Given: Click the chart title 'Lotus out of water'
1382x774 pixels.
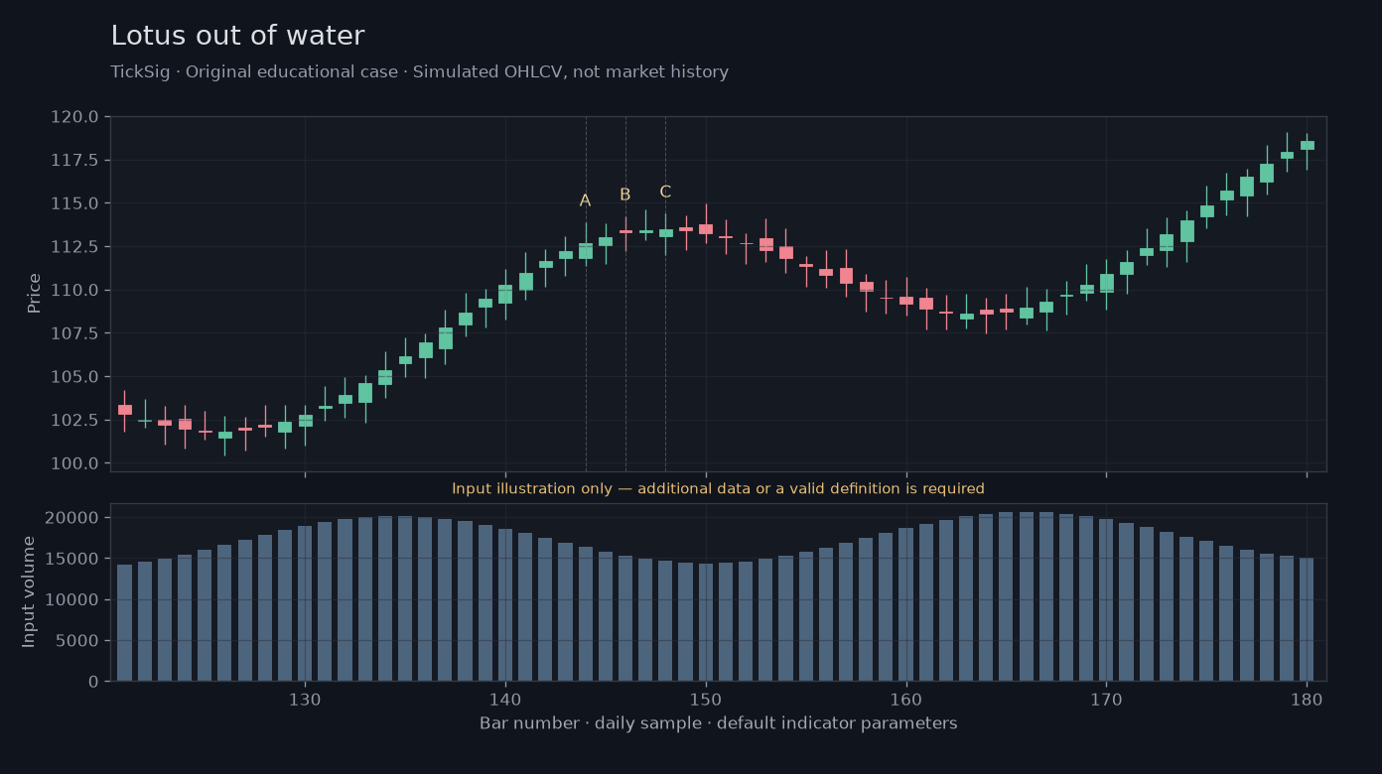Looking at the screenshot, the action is (x=237, y=35).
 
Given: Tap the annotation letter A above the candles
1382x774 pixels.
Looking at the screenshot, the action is (x=585, y=200).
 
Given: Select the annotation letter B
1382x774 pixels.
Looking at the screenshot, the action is (x=625, y=194).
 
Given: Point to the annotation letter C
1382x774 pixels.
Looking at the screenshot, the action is (x=665, y=192).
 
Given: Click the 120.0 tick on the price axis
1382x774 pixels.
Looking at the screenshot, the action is (x=74, y=116).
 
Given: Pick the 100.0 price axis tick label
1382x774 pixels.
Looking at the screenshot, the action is (x=74, y=463).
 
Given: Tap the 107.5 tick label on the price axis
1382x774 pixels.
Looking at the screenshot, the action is (x=74, y=333).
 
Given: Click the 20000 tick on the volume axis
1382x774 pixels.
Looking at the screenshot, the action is (x=71, y=517).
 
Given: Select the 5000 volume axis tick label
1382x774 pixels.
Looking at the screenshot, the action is (x=76, y=641).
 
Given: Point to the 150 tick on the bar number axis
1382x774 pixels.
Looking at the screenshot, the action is (x=706, y=700).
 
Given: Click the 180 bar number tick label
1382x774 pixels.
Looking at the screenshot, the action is (x=1307, y=700).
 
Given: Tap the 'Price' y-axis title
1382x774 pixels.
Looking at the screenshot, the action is (x=34, y=294).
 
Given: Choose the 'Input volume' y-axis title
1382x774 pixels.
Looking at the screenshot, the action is (x=29, y=592).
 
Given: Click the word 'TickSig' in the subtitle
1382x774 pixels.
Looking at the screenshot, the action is (x=140, y=72).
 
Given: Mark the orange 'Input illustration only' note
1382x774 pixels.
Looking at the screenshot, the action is (x=718, y=488).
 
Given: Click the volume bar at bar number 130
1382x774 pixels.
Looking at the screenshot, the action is (x=305, y=603).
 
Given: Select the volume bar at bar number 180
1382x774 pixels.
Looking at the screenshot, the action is (x=1307, y=619).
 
